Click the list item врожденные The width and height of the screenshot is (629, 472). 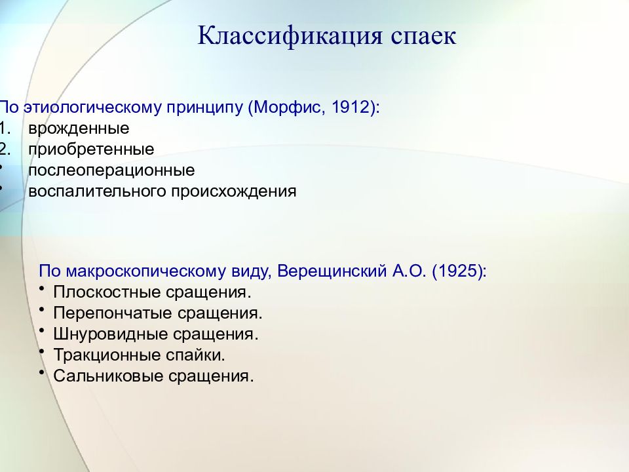(x=79, y=128)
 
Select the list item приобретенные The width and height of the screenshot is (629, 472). (x=91, y=149)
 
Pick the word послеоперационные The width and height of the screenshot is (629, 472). (x=111, y=170)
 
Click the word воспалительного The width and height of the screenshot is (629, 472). (x=98, y=191)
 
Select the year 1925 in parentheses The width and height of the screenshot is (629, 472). (x=458, y=271)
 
